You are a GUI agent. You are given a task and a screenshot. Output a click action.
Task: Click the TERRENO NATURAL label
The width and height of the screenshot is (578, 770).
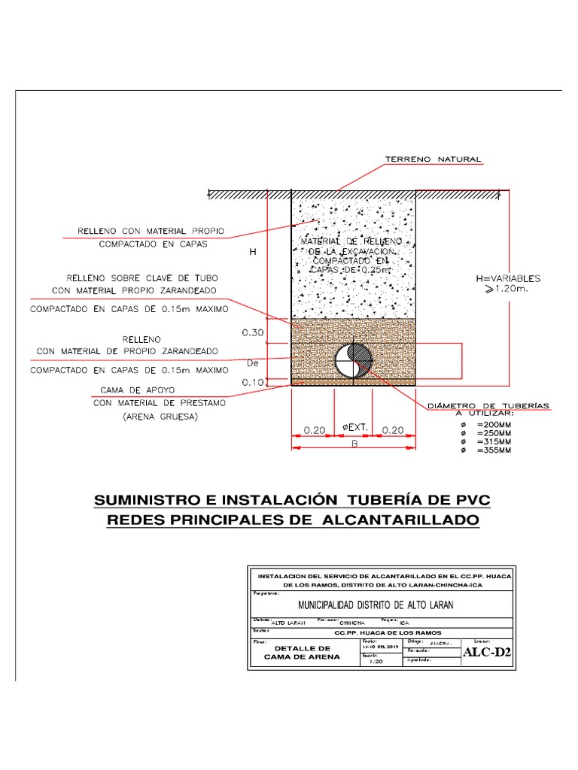point(433,159)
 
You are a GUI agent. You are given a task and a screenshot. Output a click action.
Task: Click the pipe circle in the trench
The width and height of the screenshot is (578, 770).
point(354,360)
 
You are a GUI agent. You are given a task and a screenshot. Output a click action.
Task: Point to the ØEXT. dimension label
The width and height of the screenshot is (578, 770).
point(354,428)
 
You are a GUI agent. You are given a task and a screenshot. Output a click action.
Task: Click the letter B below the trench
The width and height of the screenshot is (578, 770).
point(354,444)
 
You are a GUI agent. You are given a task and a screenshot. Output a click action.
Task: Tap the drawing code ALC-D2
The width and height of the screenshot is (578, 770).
point(487,652)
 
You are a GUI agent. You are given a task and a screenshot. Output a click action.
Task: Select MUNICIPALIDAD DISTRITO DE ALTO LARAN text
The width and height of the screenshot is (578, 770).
point(376,605)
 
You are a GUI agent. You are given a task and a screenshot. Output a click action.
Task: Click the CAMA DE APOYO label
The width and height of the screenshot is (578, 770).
point(132,390)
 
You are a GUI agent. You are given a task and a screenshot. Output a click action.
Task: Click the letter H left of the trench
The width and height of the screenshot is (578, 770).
point(254,253)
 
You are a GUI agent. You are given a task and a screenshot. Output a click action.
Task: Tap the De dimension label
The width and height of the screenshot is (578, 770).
point(253,362)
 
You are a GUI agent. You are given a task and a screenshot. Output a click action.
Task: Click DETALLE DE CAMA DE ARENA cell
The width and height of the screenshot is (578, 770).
point(302,652)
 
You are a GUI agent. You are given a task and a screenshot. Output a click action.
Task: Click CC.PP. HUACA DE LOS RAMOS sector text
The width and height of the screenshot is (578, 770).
point(376,632)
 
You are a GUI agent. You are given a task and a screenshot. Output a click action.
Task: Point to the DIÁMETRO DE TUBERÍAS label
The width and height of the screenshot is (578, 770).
point(488,406)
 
